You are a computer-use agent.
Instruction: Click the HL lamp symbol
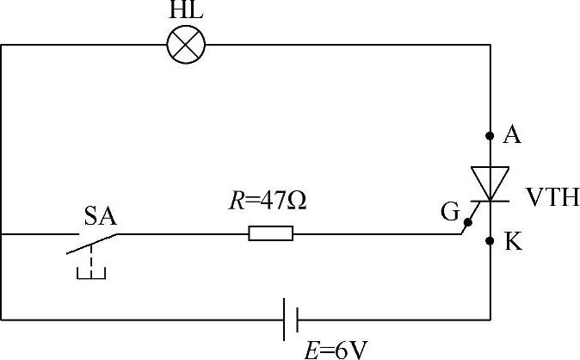coord(186,44)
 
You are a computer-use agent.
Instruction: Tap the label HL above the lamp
coord(185,11)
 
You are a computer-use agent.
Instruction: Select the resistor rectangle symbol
coord(271,233)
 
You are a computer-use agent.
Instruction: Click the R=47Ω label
coord(268,202)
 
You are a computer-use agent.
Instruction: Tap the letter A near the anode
coord(512,134)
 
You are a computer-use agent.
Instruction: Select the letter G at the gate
coord(449,211)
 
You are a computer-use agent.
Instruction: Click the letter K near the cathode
coord(513,243)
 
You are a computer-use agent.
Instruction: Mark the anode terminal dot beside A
coord(491,135)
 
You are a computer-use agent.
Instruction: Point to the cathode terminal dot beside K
coord(491,241)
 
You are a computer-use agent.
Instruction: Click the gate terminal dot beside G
coord(465,231)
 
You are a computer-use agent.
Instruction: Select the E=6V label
coord(337,349)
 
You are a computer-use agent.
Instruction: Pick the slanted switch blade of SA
coord(91,242)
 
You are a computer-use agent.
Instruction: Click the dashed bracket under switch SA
coord(90,272)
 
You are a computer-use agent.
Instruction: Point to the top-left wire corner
coord(2,45)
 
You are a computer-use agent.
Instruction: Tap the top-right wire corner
coord(491,45)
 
